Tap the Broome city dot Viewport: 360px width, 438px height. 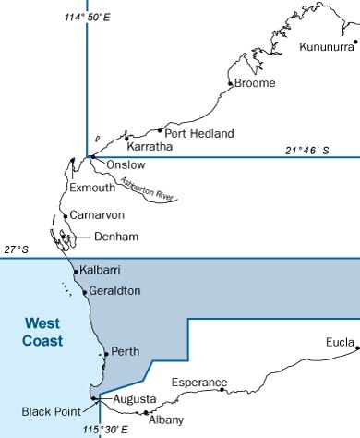[x=230, y=84]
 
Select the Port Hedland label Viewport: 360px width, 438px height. [x=199, y=133]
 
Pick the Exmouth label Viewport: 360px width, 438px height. [x=92, y=188]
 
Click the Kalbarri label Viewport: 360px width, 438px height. [x=102, y=270]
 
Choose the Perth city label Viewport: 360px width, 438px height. [x=125, y=352]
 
